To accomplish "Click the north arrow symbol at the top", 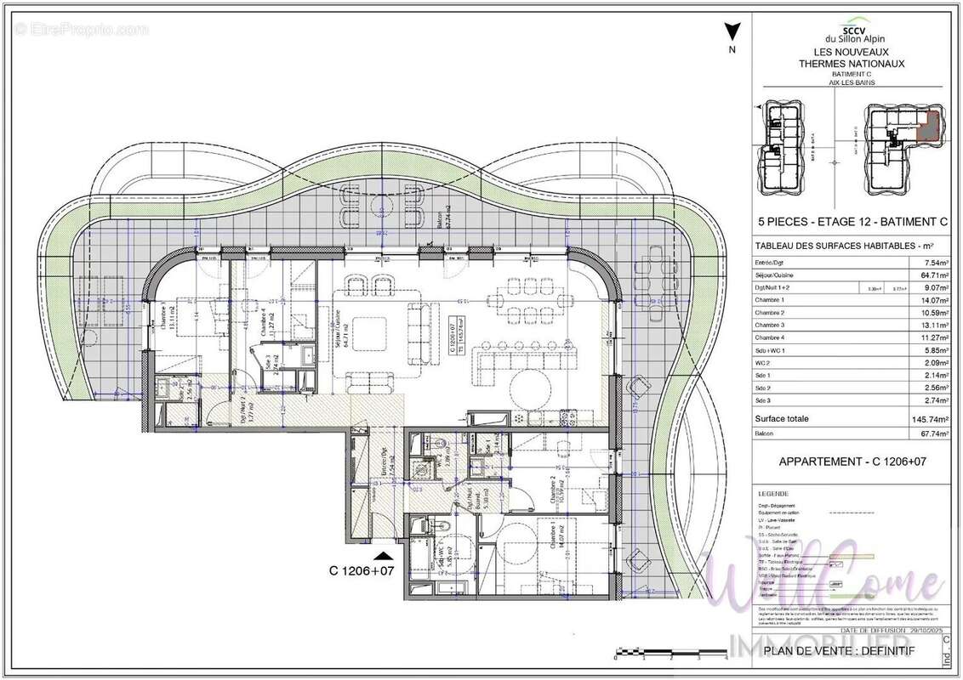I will click(x=730, y=35).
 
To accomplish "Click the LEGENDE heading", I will click(x=772, y=493).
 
